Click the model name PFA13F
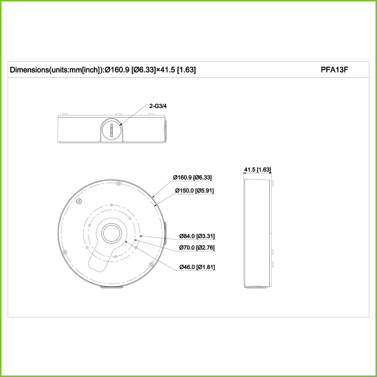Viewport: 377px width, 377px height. tap(334, 70)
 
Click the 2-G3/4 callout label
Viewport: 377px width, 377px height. tap(158, 106)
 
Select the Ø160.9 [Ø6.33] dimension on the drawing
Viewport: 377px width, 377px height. tap(192, 177)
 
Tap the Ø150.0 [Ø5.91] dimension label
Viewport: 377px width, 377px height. tap(194, 190)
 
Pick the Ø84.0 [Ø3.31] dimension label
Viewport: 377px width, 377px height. tap(197, 236)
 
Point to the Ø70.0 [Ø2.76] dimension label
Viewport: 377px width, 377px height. tap(197, 247)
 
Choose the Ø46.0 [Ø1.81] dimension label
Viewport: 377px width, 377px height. tap(197, 267)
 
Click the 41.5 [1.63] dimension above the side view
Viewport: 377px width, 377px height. tap(257, 169)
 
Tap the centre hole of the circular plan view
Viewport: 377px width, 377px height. tap(112, 233)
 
